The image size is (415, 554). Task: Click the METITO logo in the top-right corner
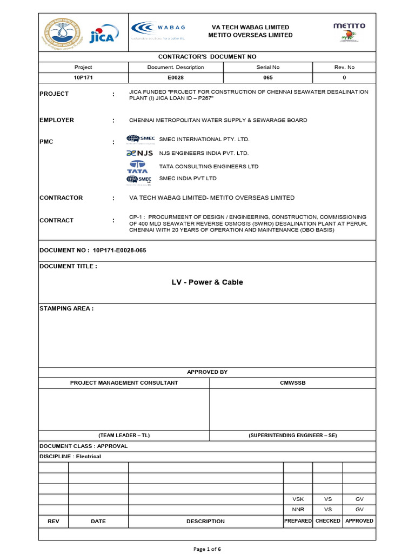(349, 31)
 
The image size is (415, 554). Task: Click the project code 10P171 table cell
(83, 78)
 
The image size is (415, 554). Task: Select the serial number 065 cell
(268, 78)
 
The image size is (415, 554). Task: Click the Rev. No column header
(344, 68)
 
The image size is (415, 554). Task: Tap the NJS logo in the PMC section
(140, 153)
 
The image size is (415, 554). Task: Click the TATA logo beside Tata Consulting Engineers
(137, 167)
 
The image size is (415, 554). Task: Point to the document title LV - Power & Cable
(207, 282)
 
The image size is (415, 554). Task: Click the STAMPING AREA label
(66, 308)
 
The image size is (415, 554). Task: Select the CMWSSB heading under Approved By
(292, 382)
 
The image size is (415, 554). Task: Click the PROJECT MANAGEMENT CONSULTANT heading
(124, 382)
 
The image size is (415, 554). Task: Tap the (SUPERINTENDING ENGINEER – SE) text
(292, 436)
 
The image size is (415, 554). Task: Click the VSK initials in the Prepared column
(298, 499)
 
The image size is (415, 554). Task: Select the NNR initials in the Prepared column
(298, 510)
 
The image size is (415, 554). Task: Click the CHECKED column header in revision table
(327, 521)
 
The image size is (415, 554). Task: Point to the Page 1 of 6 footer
(207, 549)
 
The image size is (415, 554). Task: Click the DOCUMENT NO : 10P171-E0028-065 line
(93, 250)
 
